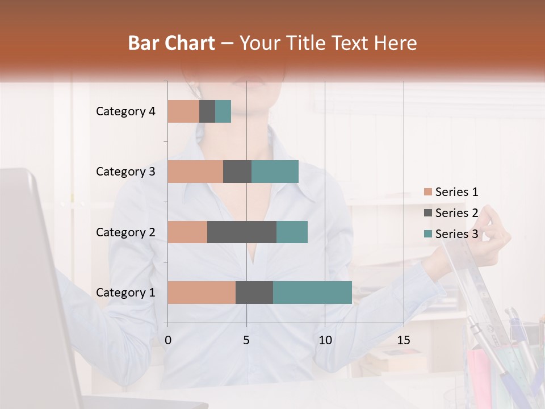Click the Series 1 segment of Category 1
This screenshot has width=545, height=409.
click(202, 293)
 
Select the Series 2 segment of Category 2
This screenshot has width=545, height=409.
click(242, 232)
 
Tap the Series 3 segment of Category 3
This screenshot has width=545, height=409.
click(275, 172)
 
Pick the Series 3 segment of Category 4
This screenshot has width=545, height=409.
click(223, 111)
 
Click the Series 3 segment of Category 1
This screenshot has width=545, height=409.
click(312, 293)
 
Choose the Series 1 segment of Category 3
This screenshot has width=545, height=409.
click(195, 172)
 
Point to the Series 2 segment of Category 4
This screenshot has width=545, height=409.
click(207, 111)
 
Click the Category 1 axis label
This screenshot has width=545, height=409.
click(125, 293)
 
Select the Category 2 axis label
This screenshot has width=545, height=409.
click(125, 232)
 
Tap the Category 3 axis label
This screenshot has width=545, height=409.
click(125, 172)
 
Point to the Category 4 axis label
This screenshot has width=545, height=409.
click(125, 111)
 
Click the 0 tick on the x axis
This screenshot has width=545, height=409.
click(168, 340)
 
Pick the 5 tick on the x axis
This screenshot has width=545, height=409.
click(246, 340)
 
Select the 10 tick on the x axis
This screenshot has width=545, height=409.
click(325, 340)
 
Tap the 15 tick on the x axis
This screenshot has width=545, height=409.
click(403, 340)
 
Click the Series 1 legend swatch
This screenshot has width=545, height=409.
click(427, 192)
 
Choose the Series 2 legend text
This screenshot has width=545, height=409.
click(456, 213)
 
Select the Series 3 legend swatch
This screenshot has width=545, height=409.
click(427, 234)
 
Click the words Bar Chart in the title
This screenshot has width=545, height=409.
click(171, 43)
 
